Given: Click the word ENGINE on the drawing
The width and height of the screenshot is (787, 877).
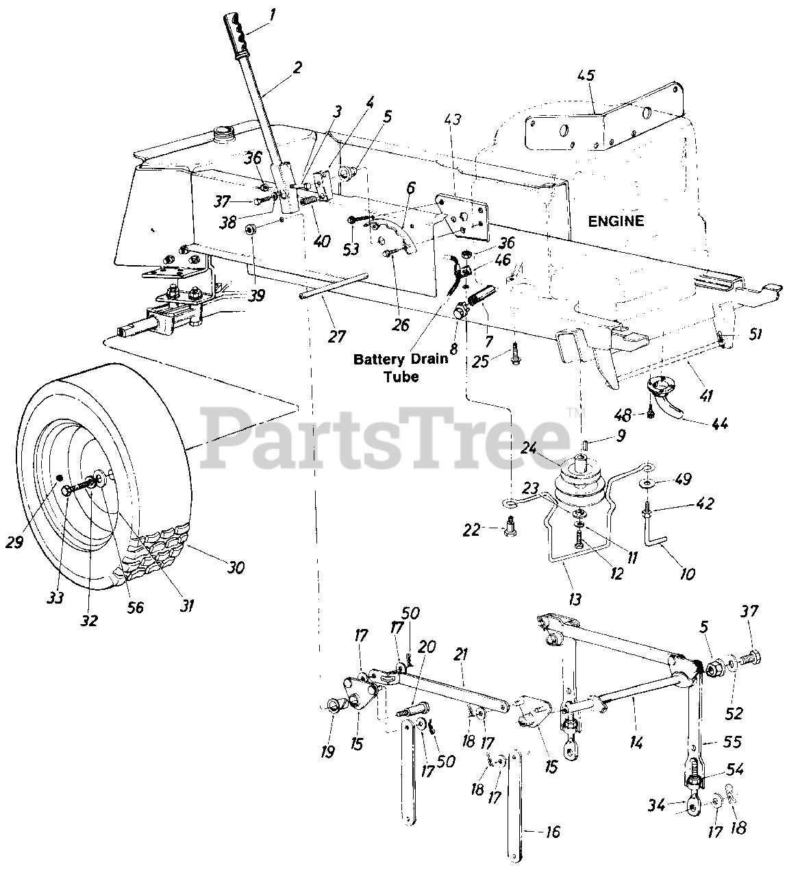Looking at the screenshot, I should (x=616, y=221).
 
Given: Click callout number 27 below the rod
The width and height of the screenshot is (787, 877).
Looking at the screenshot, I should (x=336, y=336).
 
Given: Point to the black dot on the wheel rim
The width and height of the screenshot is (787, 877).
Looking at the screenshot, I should (x=59, y=477).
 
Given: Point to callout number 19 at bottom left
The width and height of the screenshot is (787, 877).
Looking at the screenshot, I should (x=327, y=752).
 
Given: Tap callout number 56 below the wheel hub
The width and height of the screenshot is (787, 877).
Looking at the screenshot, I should (x=136, y=606).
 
